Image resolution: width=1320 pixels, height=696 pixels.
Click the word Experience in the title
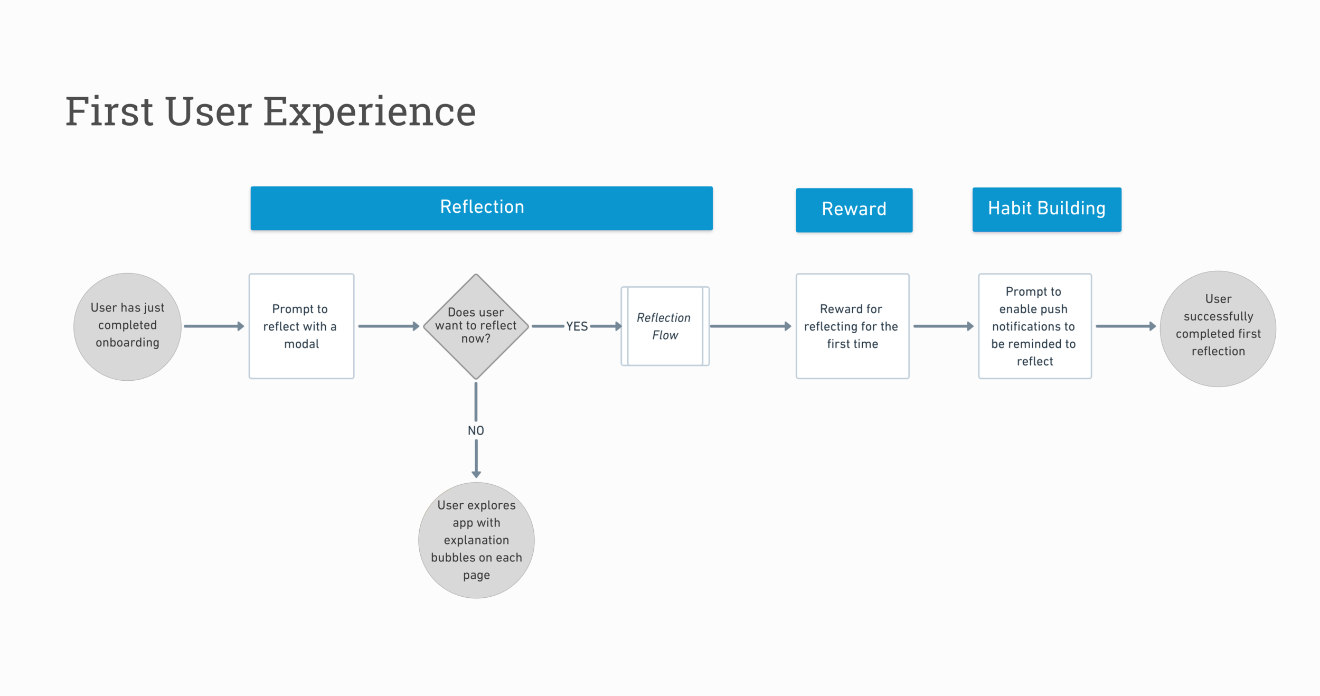(x=370, y=112)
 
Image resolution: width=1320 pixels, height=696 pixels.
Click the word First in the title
(x=109, y=112)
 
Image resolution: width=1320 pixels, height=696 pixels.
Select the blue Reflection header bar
(x=482, y=208)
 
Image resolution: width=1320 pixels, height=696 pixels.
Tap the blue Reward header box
(x=854, y=210)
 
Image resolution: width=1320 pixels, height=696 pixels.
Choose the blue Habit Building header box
(x=1046, y=209)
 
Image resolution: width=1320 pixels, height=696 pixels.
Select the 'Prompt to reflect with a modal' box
(x=301, y=326)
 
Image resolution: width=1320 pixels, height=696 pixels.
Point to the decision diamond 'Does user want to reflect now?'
(x=476, y=326)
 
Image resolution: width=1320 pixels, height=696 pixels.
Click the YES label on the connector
(x=577, y=326)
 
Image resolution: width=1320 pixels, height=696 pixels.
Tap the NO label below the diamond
(x=476, y=430)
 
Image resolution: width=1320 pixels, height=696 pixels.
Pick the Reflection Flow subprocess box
(x=665, y=326)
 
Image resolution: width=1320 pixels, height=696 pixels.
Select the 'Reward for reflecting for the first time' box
(x=852, y=326)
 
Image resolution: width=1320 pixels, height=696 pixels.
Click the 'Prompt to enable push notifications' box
(x=1034, y=326)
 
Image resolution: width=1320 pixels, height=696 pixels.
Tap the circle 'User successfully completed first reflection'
(x=1218, y=328)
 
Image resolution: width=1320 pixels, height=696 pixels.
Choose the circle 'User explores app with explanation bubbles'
(x=476, y=540)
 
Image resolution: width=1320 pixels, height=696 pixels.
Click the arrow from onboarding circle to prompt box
(x=214, y=326)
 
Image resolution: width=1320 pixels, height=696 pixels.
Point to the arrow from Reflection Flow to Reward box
(x=750, y=326)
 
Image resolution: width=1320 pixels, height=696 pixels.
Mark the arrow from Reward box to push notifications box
(x=943, y=326)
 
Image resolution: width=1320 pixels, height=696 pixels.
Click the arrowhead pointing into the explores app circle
(x=476, y=474)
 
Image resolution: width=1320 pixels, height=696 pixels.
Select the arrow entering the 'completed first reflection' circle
(x=1125, y=326)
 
